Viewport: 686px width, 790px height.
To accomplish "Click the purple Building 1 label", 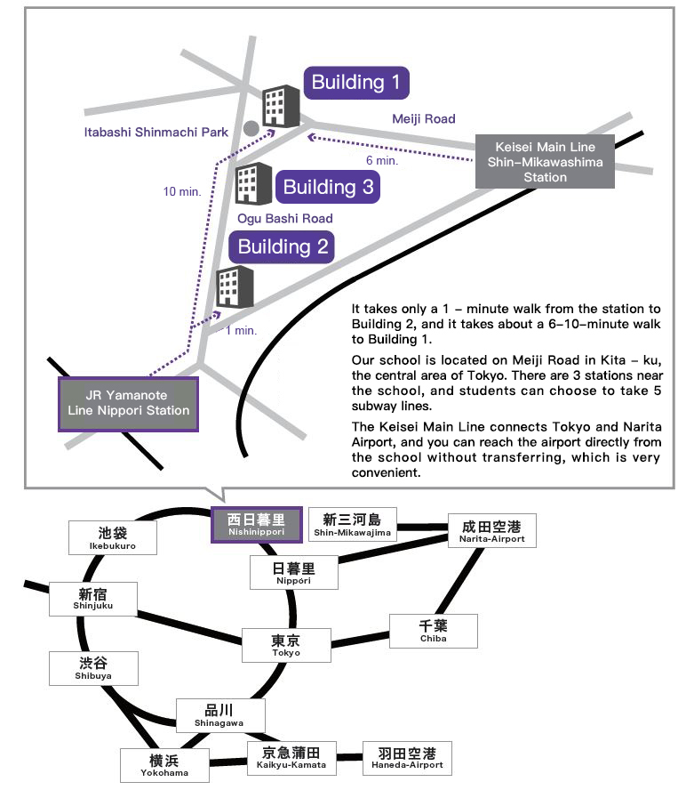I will pyautogui.click(x=356, y=83).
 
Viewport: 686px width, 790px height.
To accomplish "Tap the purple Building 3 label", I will pyautogui.click(x=328, y=187).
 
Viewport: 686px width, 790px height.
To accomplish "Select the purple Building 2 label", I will pyautogui.click(x=283, y=246).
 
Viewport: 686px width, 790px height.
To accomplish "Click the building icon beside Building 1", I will pyautogui.click(x=283, y=107).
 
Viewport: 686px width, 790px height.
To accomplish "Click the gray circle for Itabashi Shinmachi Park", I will pyautogui.click(x=251, y=130).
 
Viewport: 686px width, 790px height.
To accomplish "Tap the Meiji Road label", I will pyautogui.click(x=423, y=118).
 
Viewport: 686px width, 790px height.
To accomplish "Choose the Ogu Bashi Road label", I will pyautogui.click(x=285, y=219).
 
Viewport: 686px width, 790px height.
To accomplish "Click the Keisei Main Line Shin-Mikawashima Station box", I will pyautogui.click(x=545, y=162).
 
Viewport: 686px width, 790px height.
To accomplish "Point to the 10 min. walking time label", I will pyautogui.click(x=182, y=191).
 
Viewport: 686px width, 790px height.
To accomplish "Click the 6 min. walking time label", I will pyautogui.click(x=381, y=161).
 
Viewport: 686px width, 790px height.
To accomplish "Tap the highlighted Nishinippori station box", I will pyautogui.click(x=256, y=524).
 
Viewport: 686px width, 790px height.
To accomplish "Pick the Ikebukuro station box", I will pyautogui.click(x=113, y=537).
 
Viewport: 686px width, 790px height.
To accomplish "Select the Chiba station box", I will pyautogui.click(x=434, y=631).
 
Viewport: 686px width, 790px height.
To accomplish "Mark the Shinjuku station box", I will pyautogui.click(x=94, y=598).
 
